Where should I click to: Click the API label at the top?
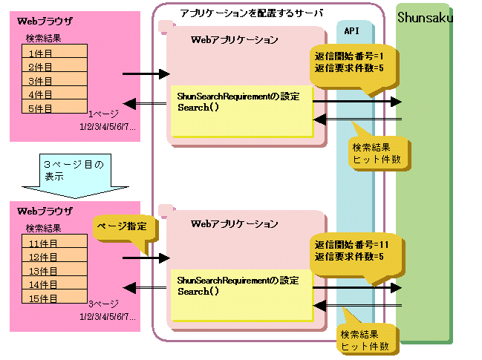click(x=352, y=30)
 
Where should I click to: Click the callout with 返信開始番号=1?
click(x=349, y=62)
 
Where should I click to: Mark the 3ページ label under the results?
click(x=100, y=304)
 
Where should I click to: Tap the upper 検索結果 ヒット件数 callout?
click(x=378, y=152)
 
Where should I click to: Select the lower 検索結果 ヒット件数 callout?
click(x=365, y=340)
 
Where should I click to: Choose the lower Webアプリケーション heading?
click(x=235, y=223)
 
